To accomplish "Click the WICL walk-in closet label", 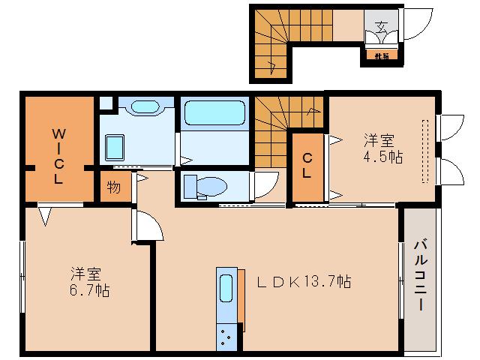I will (58, 157).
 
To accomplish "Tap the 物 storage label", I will (113, 187).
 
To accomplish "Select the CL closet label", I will (307, 165).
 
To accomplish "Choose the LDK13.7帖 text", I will (304, 282).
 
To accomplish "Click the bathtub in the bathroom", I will (214, 113).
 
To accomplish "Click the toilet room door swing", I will (264, 184).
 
